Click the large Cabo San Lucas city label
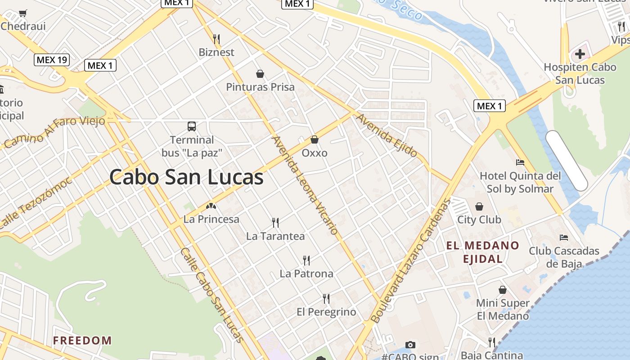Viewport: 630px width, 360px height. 186,177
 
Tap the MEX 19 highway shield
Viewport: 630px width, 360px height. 52,59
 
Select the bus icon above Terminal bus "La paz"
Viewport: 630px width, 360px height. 192,126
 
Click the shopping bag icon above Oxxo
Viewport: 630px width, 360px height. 315,139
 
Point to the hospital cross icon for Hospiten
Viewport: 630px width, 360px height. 580,54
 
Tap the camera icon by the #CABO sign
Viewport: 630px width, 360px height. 410,345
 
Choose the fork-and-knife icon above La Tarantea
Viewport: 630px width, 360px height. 275,222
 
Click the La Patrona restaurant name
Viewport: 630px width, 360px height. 306,274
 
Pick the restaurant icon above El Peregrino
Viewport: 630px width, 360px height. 326,298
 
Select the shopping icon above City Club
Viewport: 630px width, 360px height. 479,207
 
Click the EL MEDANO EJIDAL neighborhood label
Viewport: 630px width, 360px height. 483,252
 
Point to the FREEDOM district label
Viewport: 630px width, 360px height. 82,340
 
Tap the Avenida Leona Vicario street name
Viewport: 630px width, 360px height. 305,185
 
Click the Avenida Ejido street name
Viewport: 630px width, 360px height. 387,135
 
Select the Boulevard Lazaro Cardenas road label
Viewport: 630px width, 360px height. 410,261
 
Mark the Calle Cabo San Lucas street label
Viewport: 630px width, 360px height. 211,295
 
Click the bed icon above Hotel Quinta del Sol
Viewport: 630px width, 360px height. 520,162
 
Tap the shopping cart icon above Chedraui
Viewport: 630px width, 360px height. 23,13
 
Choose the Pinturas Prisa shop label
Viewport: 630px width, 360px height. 260,87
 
